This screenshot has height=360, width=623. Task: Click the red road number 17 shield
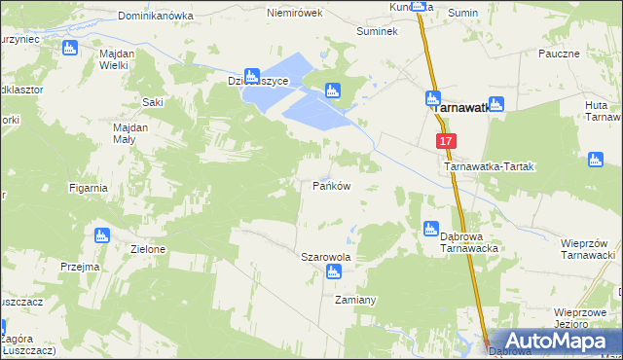(x=446, y=141)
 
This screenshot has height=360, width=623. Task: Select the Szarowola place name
(x=325, y=258)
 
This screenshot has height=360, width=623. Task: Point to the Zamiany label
(x=355, y=300)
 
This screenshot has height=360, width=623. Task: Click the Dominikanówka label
(x=151, y=17)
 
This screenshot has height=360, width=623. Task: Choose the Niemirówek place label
(x=294, y=15)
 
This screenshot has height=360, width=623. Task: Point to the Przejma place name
(x=80, y=267)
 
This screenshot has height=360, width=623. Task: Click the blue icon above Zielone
(x=100, y=234)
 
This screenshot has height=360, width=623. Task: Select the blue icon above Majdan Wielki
(x=68, y=48)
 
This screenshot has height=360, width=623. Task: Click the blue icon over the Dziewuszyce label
(x=252, y=74)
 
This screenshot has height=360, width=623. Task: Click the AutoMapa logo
(x=556, y=340)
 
